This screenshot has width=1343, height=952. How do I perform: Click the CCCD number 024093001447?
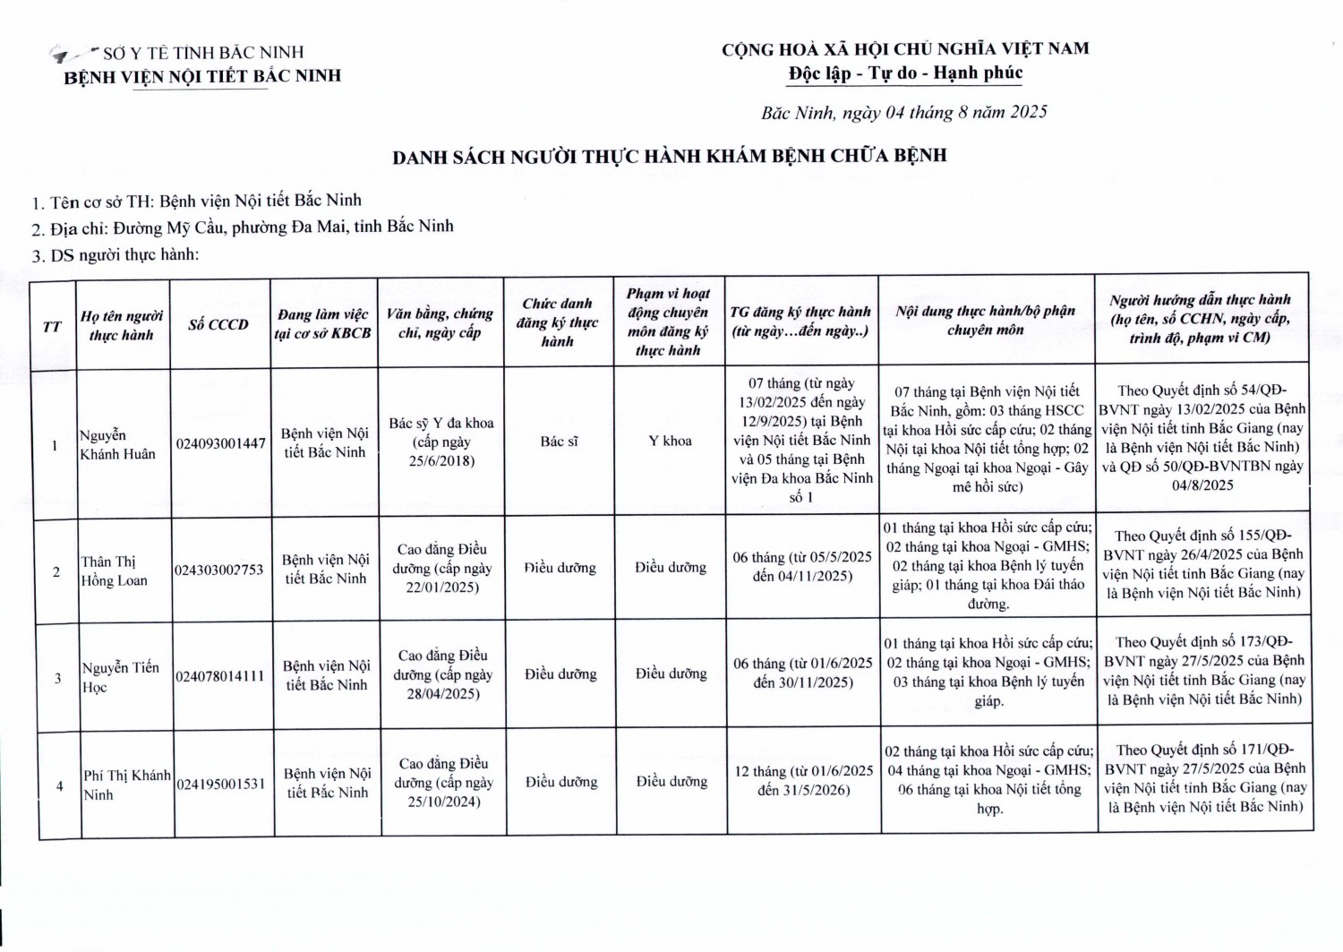[x=220, y=443]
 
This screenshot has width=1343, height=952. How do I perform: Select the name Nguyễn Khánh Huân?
[x=117, y=444]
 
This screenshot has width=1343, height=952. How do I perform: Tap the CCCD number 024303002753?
[x=219, y=570]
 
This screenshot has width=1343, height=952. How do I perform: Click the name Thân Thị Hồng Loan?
[x=114, y=570]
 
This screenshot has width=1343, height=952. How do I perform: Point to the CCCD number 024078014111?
[x=220, y=676]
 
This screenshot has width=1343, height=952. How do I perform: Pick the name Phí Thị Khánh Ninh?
[x=126, y=785]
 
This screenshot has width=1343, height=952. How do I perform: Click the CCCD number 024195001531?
[x=221, y=784]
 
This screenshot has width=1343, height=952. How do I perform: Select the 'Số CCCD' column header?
[x=218, y=324]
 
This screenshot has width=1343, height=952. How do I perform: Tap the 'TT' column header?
[x=53, y=326]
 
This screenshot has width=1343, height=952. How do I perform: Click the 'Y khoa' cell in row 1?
[x=670, y=441]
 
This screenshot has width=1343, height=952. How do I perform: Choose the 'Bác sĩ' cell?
[x=559, y=442]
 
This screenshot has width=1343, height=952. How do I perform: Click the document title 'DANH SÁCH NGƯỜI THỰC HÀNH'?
[x=669, y=156]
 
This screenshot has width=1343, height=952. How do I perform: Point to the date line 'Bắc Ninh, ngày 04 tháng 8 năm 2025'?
[x=903, y=113]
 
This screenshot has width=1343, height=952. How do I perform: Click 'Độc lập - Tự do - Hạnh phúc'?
[x=905, y=73]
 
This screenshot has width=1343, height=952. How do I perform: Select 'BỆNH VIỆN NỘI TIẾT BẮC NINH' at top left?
[x=202, y=76]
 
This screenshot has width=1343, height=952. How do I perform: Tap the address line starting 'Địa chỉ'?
[x=242, y=227]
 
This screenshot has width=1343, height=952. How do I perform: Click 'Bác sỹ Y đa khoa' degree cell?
[x=441, y=442]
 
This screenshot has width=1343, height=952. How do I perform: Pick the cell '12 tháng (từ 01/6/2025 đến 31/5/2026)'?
[x=803, y=780]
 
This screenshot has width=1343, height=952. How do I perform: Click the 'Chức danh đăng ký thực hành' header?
[x=557, y=322]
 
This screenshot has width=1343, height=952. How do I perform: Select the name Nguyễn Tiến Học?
[x=120, y=677]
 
